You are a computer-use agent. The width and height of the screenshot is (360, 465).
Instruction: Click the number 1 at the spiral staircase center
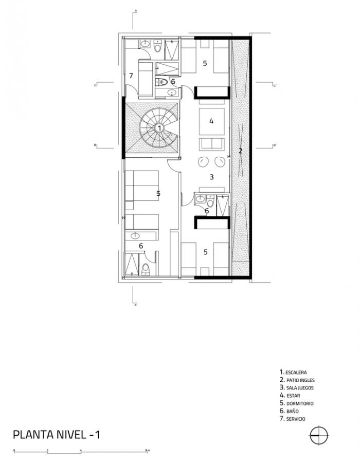point(159,127)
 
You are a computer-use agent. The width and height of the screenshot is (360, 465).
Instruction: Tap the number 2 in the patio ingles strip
point(240,151)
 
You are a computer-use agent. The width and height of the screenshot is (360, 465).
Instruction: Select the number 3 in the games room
point(211,177)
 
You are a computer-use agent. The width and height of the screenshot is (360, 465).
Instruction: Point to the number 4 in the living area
point(211,121)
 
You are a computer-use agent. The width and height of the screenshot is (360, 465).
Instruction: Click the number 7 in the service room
point(131,76)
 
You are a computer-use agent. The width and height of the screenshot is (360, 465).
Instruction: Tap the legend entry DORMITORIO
point(298,403)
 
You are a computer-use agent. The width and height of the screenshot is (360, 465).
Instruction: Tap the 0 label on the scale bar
point(14,450)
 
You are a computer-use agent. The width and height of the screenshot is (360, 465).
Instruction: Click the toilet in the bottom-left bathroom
point(146,268)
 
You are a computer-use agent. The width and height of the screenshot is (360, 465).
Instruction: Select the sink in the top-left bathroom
point(145,45)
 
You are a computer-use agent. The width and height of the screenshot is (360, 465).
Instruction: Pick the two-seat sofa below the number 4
point(211,143)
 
